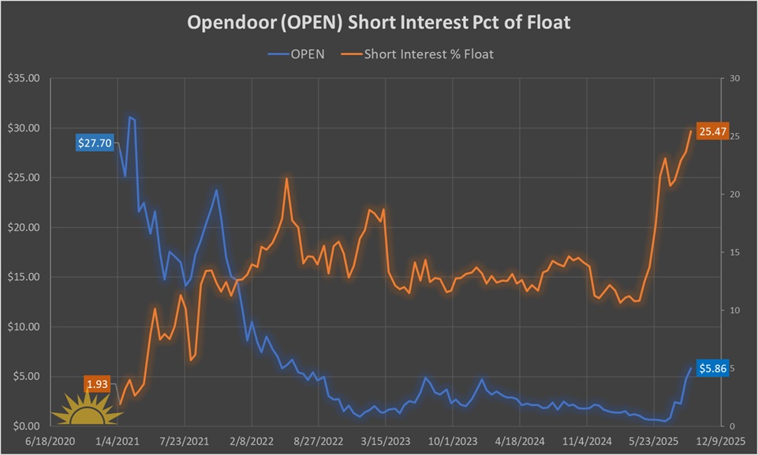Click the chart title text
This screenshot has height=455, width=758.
tap(379, 23)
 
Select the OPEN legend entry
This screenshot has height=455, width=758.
tap(297, 54)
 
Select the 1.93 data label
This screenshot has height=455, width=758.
tap(98, 384)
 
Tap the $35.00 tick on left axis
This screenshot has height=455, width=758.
tap(25, 79)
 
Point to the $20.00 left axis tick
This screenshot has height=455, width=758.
tap(25, 227)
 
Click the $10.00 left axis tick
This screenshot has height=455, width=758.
tap(25, 326)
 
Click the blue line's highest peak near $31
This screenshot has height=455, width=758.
tap(130, 117)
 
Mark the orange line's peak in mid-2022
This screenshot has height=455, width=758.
tap(286, 178)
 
